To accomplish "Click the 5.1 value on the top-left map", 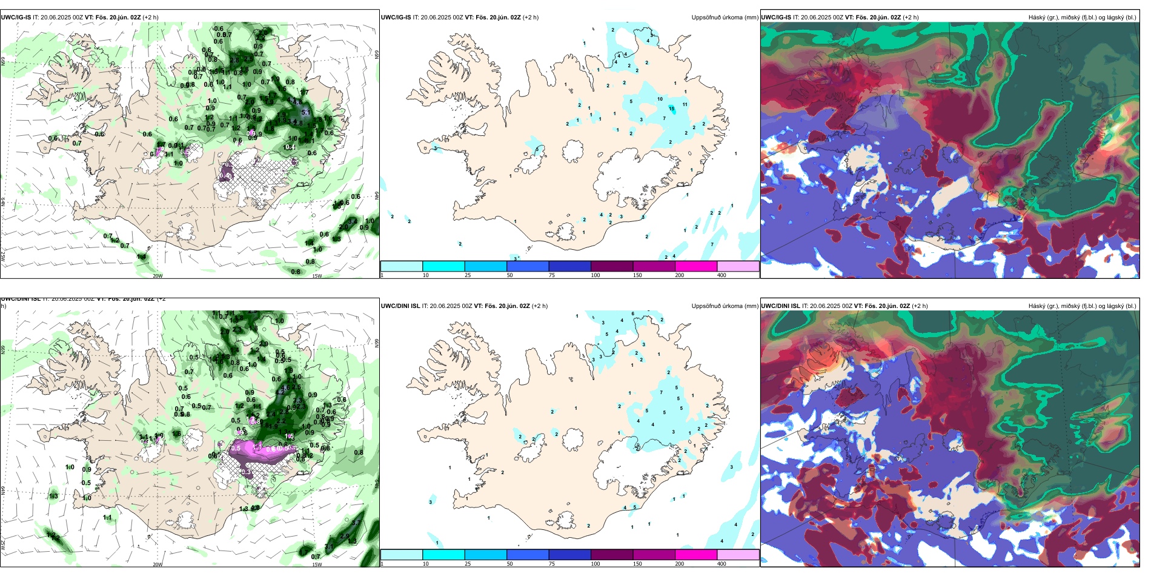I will [x=306, y=112].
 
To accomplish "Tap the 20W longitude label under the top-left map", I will [x=158, y=276].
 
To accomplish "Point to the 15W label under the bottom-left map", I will [x=317, y=564].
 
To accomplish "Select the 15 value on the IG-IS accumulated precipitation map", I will [x=671, y=109].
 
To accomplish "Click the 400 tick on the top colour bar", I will [x=721, y=275].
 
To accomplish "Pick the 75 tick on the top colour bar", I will [x=552, y=275].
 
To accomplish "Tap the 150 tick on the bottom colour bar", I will [x=637, y=564].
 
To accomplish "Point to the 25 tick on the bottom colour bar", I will [x=468, y=564].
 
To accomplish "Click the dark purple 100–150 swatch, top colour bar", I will [x=612, y=266].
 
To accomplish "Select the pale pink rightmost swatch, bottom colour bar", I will [x=738, y=555].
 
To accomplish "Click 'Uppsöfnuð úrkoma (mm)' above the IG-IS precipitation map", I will [x=725, y=18].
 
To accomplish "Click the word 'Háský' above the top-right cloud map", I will [x=1037, y=18].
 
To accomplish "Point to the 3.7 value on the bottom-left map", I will [x=356, y=523].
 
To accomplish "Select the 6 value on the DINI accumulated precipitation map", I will [x=633, y=313].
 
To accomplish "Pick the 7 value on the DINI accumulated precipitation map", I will [x=661, y=392].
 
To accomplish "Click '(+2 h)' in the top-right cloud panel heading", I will [x=911, y=18].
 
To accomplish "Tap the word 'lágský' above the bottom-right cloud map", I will [x=1116, y=306].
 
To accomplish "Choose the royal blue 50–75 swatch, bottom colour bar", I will [x=528, y=555].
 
